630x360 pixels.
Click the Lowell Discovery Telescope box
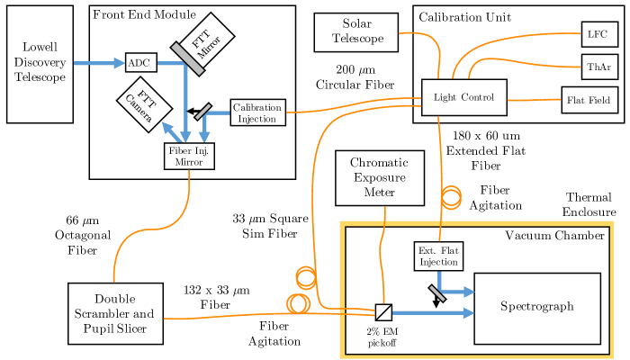point(40,63)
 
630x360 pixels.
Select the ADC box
point(140,62)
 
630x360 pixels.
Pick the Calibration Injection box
point(257,112)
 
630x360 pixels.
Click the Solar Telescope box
point(356,31)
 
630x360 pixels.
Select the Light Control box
point(463,97)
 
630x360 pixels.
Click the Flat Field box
point(590,100)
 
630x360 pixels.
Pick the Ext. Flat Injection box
point(438,256)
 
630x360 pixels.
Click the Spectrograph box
point(536,308)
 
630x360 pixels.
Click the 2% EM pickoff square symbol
point(383,312)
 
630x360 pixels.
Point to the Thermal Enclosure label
point(589,204)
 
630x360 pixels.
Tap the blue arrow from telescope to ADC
point(98,63)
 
